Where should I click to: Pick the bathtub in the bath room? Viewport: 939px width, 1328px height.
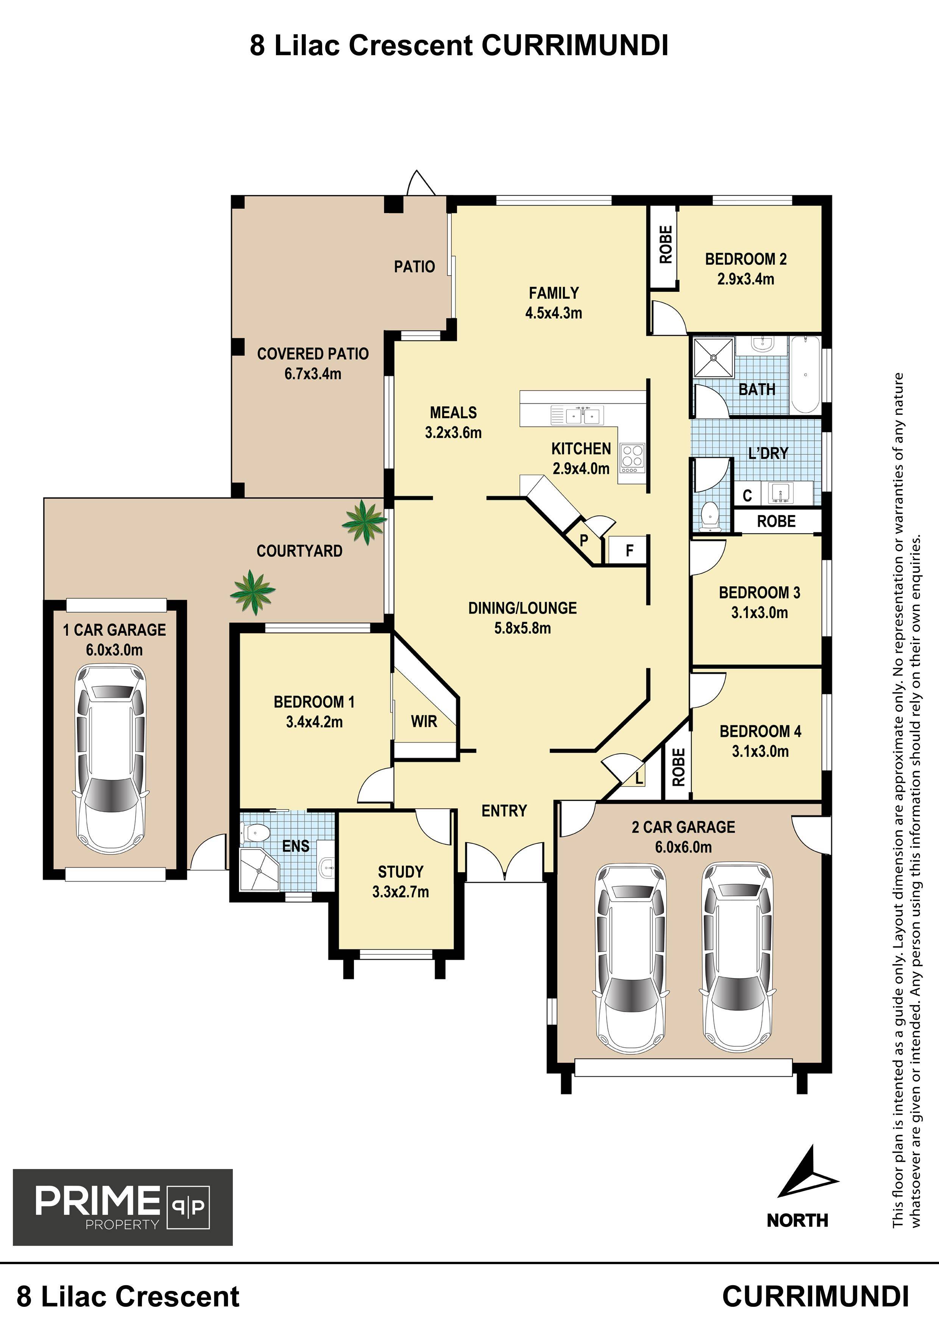pos(805,374)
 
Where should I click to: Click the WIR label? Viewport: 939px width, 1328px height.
pos(424,721)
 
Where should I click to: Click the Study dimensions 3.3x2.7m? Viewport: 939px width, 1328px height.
pos(400,892)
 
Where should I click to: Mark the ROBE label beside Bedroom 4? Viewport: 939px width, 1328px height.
pos(678,767)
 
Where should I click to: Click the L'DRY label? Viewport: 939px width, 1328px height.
pos(768,453)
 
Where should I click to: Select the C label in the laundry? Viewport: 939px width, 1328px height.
pos(747,495)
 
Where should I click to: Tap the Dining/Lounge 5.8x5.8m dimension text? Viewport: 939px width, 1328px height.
pos(523,628)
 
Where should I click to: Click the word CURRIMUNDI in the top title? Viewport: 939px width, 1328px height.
pos(575,46)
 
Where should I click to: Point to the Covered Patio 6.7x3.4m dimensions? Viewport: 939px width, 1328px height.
pos(312,374)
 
